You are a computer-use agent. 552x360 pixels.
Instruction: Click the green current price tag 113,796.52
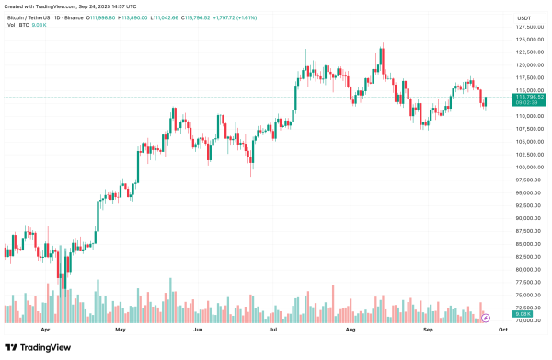[531, 96]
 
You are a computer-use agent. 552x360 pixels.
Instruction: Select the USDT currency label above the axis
[524, 17]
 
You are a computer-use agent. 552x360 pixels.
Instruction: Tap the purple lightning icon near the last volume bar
[485, 316]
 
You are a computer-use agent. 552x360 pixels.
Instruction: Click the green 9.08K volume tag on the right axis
[524, 319]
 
